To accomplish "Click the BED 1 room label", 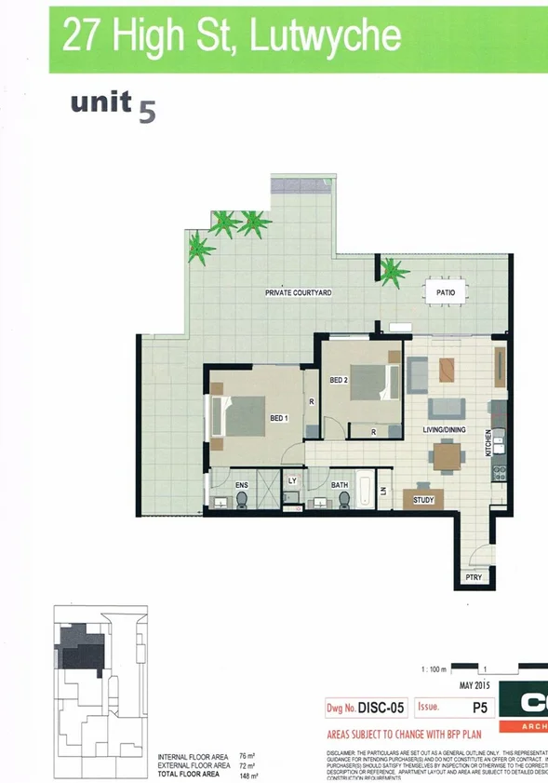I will [279, 419].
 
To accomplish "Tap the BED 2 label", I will [339, 379].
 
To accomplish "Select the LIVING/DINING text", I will [446, 430].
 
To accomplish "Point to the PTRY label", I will [474, 578].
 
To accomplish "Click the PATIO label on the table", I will [446, 292].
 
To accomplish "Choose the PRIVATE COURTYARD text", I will [299, 292].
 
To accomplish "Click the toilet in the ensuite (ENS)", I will [242, 501].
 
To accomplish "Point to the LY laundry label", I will [292, 480].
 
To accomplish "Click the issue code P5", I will [480, 708].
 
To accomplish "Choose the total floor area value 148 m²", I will [247, 775].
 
